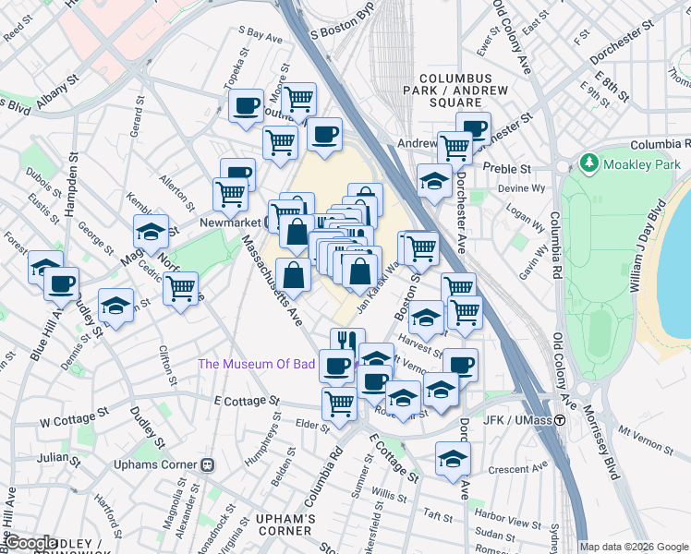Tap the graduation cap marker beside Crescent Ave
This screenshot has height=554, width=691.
pos(453,457)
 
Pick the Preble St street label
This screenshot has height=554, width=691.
pos(510,169)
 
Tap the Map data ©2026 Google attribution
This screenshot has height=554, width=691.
pos(634,547)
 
